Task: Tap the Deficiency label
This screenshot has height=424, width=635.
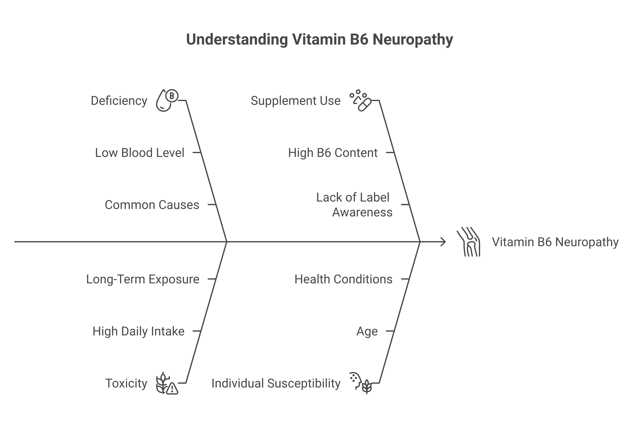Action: pyautogui.click(x=119, y=101)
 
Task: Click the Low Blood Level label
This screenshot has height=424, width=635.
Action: pyautogui.click(x=139, y=153)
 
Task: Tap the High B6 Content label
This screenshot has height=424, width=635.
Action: pyautogui.click(x=333, y=153)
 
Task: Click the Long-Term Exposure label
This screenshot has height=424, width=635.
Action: pyautogui.click(x=143, y=279)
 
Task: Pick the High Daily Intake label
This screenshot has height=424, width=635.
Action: pyautogui.click(x=138, y=331)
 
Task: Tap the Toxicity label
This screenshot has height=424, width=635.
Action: pyautogui.click(x=126, y=383)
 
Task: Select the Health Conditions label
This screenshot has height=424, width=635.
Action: pyautogui.click(x=343, y=279)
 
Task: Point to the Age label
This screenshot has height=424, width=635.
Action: pyautogui.click(x=367, y=331)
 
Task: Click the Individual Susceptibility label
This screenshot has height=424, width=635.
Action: pyautogui.click(x=276, y=383)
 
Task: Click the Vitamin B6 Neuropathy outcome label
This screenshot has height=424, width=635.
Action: pyautogui.click(x=555, y=242)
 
